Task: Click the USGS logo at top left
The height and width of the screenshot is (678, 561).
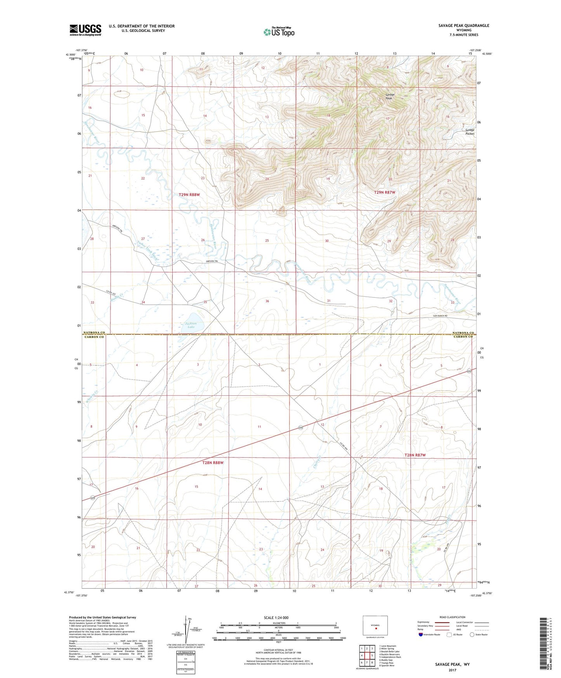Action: (x=85, y=30)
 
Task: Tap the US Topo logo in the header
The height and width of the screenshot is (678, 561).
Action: (x=279, y=32)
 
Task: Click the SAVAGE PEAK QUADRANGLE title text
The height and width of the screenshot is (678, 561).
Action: (x=464, y=26)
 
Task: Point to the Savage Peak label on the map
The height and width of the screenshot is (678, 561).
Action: (x=390, y=96)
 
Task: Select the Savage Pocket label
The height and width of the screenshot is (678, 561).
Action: (x=470, y=132)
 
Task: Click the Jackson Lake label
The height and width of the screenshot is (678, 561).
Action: (x=191, y=325)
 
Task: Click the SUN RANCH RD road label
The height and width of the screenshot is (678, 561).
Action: (x=443, y=316)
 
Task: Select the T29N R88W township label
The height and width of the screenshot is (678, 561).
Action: (x=189, y=195)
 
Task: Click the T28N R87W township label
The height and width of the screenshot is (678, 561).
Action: (x=415, y=455)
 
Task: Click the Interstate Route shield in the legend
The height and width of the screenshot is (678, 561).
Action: (x=421, y=635)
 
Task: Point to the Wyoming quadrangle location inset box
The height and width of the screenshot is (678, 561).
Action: (x=375, y=626)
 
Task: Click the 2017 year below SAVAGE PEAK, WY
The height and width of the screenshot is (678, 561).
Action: (x=452, y=670)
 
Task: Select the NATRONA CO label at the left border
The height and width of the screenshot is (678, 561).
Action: (x=94, y=333)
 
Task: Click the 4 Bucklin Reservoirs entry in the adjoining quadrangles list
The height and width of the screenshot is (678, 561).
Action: (x=390, y=654)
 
